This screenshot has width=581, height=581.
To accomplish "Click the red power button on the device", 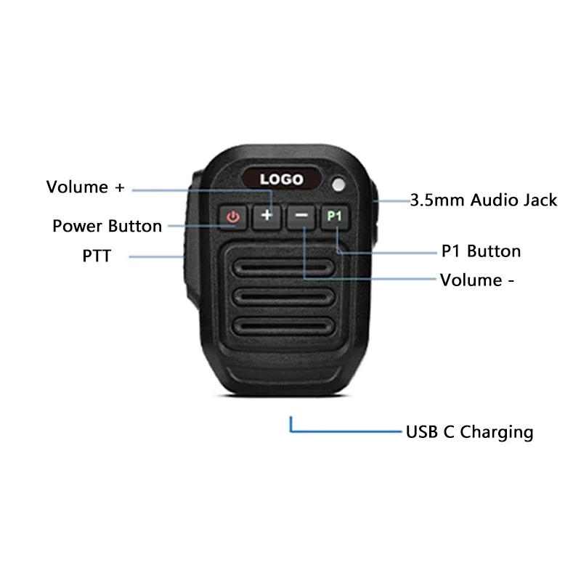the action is (233, 216).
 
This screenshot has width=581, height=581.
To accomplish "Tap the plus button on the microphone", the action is (267, 216).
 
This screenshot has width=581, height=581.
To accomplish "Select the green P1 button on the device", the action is (334, 216).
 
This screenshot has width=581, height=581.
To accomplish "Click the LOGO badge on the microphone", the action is (281, 179).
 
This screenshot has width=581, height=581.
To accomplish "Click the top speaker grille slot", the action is (283, 268).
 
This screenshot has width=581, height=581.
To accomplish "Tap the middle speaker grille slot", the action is (283, 296).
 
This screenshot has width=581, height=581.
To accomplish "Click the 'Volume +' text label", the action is (86, 187).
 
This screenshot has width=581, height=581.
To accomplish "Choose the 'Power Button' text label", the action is (107, 226).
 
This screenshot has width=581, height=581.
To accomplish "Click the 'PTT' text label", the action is (97, 256).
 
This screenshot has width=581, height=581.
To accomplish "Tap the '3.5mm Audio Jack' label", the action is (483, 200).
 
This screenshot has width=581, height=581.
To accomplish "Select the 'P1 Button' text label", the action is (481, 251).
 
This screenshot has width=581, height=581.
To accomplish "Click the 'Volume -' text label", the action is (477, 280).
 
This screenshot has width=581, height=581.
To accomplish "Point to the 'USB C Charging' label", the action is (469, 433).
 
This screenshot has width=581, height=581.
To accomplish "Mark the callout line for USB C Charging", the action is (341, 431).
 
